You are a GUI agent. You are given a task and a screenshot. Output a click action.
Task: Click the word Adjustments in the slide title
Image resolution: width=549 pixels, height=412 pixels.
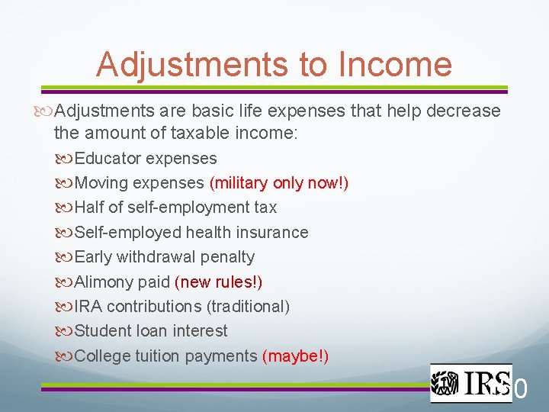192,64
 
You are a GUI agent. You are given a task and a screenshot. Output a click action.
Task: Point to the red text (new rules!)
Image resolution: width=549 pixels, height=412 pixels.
219,282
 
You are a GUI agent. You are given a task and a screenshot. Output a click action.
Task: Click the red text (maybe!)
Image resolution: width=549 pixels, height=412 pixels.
295,356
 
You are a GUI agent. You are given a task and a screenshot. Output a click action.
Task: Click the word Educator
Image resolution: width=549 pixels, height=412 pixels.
108,159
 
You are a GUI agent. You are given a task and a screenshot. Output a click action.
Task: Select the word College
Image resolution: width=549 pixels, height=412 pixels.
103,356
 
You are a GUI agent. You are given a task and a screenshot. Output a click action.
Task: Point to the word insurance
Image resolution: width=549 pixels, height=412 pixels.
275,233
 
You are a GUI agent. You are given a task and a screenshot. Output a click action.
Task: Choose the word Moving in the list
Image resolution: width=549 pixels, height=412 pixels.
101,183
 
